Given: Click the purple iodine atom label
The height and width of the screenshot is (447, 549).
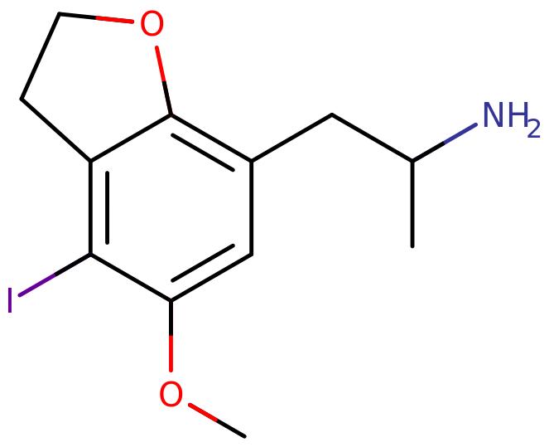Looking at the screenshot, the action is [10, 300].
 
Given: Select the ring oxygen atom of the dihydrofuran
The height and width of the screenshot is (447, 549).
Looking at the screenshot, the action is [152, 23].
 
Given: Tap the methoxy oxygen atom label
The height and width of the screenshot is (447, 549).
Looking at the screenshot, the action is [171, 394].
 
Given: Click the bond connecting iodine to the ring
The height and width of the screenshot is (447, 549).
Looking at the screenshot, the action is [55, 275].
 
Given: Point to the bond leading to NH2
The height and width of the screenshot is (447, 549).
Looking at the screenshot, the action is [444, 143].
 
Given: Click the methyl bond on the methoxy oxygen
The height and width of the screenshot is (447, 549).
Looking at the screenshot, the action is [217, 420].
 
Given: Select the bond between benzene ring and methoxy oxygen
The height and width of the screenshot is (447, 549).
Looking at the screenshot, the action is [171, 336].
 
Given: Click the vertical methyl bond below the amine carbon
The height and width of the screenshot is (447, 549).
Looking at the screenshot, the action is [412, 204].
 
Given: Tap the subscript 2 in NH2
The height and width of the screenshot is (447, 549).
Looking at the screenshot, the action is [534, 129].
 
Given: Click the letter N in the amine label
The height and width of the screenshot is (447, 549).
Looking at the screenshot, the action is [494, 114].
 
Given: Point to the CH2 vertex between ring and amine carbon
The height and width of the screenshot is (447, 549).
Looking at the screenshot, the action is [332, 114].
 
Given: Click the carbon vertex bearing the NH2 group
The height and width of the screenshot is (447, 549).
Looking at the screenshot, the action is [412, 161].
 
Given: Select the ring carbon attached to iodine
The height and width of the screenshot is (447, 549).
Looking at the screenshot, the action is [91, 254].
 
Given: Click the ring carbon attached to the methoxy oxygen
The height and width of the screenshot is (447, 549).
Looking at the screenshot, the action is [171, 301].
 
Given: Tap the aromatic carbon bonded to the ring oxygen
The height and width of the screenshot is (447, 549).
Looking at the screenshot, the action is [171, 114].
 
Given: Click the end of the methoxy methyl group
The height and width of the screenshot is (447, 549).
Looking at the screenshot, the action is [244, 436].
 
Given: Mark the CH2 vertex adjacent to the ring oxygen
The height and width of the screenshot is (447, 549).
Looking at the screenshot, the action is [59, 13].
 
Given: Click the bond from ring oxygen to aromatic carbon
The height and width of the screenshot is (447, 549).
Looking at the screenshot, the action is [163, 80].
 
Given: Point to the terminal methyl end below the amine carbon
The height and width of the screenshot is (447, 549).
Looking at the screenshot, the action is [412, 246].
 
